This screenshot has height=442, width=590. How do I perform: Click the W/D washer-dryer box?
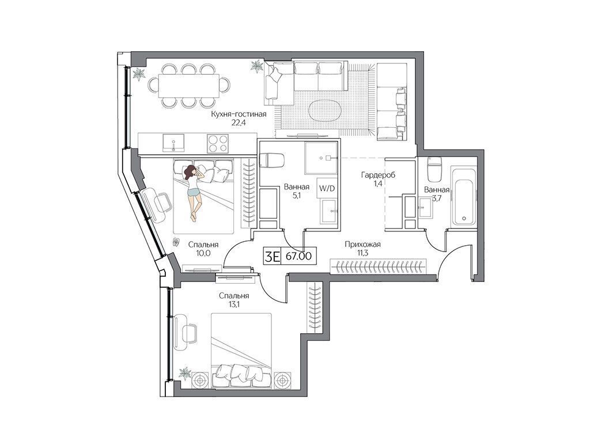(x=327, y=188)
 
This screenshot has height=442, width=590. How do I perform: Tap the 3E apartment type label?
(x=273, y=256)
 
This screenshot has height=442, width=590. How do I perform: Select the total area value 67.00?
(x=299, y=256)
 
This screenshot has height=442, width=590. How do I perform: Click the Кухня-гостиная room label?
(x=238, y=115)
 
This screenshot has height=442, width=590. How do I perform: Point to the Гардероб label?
(x=378, y=175)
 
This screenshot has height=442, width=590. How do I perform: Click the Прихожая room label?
(x=363, y=245)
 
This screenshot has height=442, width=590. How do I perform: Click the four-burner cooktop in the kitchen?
(x=218, y=143)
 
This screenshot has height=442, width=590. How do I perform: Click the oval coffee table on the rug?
(x=325, y=110)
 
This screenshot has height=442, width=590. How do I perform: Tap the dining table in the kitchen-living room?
(x=189, y=86)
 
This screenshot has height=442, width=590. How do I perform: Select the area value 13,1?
(x=234, y=305)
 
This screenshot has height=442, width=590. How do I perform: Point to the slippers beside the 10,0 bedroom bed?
(x=176, y=241)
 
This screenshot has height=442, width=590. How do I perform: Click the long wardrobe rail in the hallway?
(x=378, y=266)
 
